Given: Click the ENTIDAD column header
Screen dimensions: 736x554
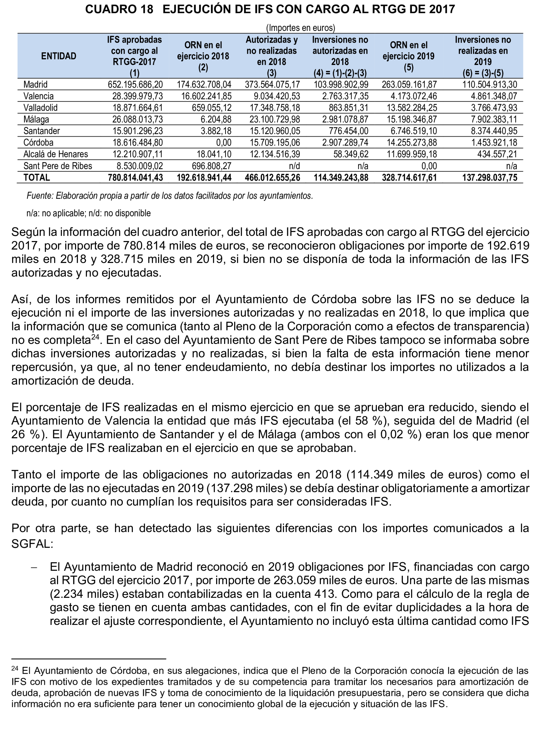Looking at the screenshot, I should pyautogui.click(x=59, y=56).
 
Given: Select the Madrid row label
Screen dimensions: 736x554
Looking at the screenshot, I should pyautogui.click(x=35, y=85).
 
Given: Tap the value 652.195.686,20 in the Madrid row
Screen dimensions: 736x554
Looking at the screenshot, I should pyautogui.click(x=135, y=85).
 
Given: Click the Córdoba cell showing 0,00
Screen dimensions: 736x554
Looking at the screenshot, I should pyautogui.click(x=224, y=143).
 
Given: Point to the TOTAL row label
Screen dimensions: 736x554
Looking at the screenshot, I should pyautogui.click(x=37, y=178).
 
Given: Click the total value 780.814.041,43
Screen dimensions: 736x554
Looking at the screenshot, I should pyautogui.click(x=135, y=178).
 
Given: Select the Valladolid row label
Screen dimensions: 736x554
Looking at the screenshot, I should pyautogui.click(x=40, y=108).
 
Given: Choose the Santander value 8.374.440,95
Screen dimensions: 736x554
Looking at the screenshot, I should pyautogui.click(x=494, y=131).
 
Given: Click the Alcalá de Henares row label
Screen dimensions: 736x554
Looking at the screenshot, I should pyautogui.click(x=56, y=154).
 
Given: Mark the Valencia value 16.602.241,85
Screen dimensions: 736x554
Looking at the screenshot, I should pyautogui.click(x=206, y=96).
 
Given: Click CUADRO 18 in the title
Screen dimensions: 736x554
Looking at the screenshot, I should pyautogui.click(x=119, y=9).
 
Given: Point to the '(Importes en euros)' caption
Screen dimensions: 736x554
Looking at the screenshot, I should pyautogui.click(x=300, y=28).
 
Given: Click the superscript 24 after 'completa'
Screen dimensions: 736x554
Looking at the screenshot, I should pyautogui.click(x=95, y=337).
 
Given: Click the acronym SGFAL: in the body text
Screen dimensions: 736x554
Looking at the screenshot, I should pyautogui.click(x=32, y=544).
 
